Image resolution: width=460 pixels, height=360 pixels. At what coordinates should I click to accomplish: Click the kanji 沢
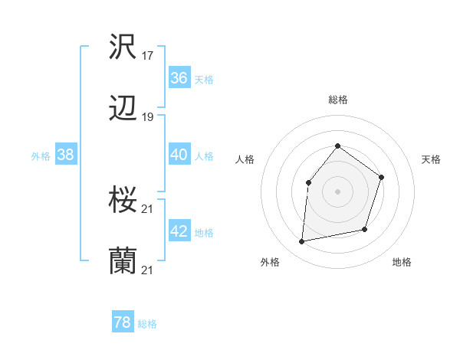click(x=123, y=47)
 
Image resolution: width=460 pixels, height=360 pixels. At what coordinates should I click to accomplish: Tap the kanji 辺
click(x=123, y=110)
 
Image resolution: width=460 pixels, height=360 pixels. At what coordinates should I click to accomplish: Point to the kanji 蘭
click(x=123, y=261)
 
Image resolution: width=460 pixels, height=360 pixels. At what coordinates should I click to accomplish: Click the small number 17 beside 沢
click(x=149, y=55)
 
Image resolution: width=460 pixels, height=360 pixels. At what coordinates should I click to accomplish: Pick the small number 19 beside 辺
click(x=149, y=117)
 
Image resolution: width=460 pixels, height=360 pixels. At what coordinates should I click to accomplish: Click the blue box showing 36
click(x=179, y=78)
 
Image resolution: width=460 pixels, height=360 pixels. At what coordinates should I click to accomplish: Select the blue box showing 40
click(x=179, y=155)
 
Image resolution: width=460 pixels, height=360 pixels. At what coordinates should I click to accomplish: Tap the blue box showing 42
click(x=179, y=231)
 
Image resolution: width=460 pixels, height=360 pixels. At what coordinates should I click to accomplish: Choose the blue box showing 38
click(x=65, y=155)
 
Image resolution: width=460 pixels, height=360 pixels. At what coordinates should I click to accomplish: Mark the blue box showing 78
click(x=123, y=322)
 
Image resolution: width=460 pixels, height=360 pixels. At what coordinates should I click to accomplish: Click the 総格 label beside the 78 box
click(x=147, y=324)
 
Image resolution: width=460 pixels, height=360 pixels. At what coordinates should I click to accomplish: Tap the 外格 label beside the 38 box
click(x=41, y=156)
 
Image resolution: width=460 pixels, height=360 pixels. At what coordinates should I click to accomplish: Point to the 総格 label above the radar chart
click(x=337, y=100)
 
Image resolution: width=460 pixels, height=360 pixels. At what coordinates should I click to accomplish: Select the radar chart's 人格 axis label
click(x=245, y=159)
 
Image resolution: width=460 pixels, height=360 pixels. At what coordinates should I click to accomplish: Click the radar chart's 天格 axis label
click(x=432, y=159)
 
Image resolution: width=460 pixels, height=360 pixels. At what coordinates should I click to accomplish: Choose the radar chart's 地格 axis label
click(x=402, y=262)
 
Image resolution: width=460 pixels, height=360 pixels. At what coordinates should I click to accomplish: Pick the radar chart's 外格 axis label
click(x=270, y=262)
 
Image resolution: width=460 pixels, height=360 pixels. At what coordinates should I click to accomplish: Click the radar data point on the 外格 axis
click(x=302, y=242)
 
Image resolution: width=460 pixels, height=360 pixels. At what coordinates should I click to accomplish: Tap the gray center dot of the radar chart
click(x=337, y=191)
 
